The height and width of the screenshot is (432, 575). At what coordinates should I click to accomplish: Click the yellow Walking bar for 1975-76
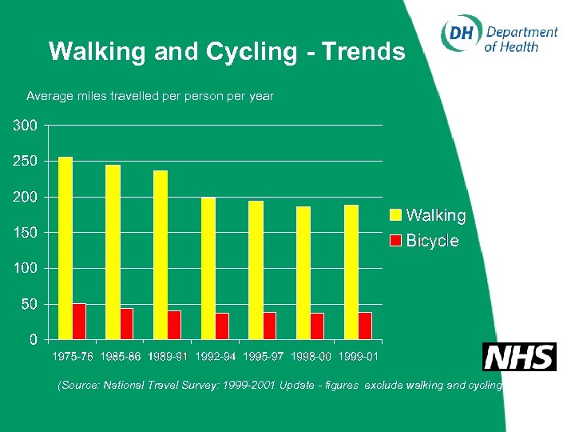point(65,248)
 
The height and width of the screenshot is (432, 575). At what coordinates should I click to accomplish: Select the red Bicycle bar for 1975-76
point(79,321)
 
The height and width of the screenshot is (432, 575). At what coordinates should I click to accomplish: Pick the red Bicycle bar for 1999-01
point(365,326)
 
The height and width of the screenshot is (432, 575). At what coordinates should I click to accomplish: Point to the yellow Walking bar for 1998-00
point(303,273)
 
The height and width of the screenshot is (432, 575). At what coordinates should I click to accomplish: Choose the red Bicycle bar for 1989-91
point(174,325)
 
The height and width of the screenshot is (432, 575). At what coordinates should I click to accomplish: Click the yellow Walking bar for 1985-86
point(113,252)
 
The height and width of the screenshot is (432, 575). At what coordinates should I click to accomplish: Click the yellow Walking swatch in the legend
point(395,214)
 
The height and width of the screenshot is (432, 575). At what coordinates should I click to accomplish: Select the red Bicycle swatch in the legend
point(395,240)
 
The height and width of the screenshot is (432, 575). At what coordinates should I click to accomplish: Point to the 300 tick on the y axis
point(24,126)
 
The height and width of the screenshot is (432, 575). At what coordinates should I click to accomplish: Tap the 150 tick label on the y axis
point(24,233)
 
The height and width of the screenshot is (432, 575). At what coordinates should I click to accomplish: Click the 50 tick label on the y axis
point(28,304)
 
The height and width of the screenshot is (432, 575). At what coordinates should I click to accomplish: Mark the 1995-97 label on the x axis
point(263,356)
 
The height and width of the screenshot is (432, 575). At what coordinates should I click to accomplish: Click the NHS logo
point(518,357)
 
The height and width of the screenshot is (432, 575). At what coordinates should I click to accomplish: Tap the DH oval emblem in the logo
point(461,34)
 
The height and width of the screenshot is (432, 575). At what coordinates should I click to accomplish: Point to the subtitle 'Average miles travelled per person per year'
point(150,96)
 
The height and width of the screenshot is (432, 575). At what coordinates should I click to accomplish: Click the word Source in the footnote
point(81,386)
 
